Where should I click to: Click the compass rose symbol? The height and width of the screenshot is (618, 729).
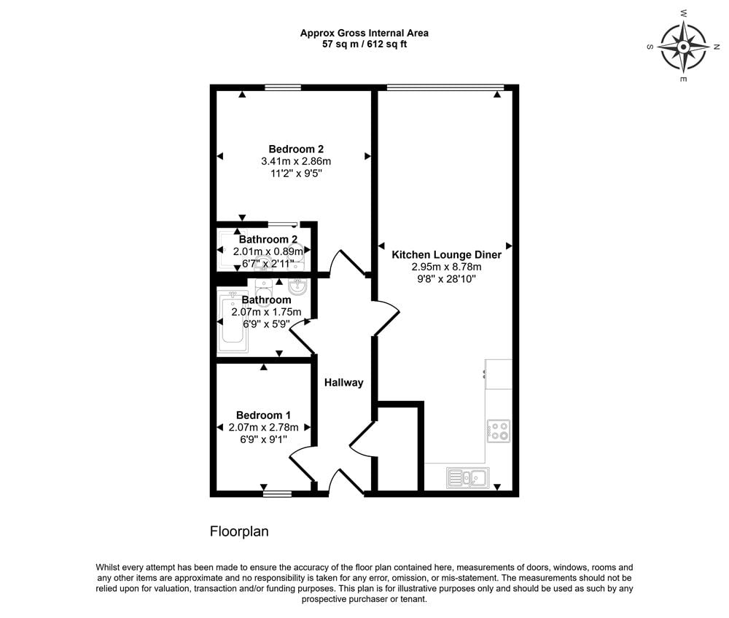[x=683, y=46]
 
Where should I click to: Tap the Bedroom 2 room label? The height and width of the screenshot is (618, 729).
[x=296, y=149]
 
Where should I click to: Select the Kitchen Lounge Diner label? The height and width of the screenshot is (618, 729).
[x=446, y=255]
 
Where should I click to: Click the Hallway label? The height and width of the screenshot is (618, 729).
[x=343, y=383]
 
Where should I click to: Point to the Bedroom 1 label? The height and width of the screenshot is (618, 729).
[x=263, y=415]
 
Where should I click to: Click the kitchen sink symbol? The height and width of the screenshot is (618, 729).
[x=467, y=478]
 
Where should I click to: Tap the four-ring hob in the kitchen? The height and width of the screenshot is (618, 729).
[x=499, y=431]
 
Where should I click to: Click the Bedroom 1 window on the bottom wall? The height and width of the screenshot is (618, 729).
[x=276, y=493]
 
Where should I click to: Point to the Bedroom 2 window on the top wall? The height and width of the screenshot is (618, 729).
[x=283, y=87]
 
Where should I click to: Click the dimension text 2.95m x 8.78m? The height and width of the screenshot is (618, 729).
[x=446, y=267]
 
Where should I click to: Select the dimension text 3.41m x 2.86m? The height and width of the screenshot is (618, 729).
[x=296, y=162]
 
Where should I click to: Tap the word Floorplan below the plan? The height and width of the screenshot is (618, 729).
[x=239, y=532]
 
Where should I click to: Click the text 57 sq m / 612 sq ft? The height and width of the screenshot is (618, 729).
[x=364, y=44]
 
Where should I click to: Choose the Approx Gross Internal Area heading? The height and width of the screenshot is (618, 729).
[x=364, y=33]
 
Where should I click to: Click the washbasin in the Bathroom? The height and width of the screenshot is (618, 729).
[x=299, y=286]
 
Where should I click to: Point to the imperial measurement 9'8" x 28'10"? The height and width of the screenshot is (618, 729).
[x=446, y=280]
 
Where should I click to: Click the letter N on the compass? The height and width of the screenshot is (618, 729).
[x=717, y=46]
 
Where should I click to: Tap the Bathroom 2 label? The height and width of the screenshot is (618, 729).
[x=268, y=240]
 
